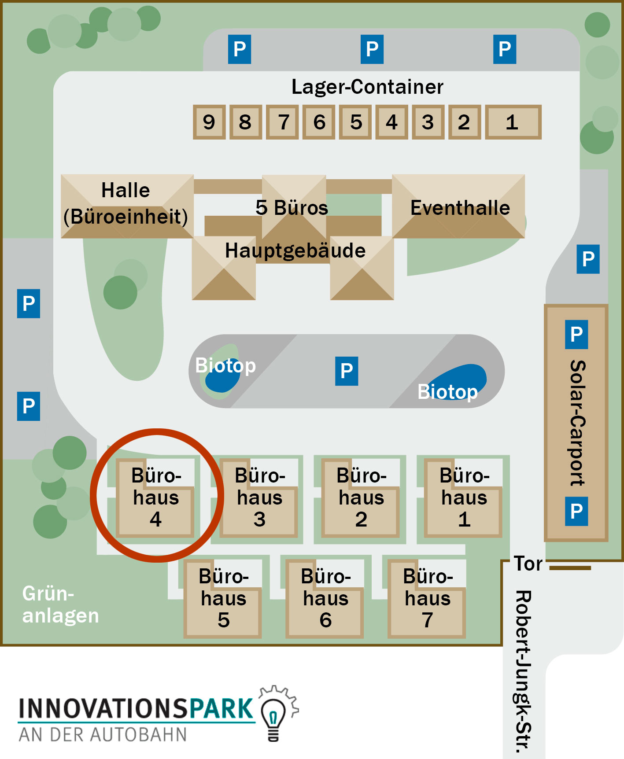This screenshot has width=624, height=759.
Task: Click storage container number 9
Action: (209, 122)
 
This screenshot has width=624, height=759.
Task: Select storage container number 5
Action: (356, 122)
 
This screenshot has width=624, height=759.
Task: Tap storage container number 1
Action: (513, 122)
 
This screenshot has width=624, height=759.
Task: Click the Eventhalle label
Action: (460, 208)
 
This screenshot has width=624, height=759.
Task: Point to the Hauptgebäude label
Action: (295, 251)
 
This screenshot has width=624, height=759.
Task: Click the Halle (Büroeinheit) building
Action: (127, 206)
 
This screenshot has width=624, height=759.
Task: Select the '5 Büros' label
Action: (292, 208)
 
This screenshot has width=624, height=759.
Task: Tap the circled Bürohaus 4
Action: (155, 498)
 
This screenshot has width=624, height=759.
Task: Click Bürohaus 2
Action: (361, 498)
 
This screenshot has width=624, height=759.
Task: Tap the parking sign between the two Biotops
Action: (347, 371)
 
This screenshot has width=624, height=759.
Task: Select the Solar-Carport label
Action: (578, 423)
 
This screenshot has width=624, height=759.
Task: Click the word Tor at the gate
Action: (528, 564)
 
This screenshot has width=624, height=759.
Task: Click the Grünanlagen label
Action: (60, 604)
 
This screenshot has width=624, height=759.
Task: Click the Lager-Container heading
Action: (367, 87)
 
